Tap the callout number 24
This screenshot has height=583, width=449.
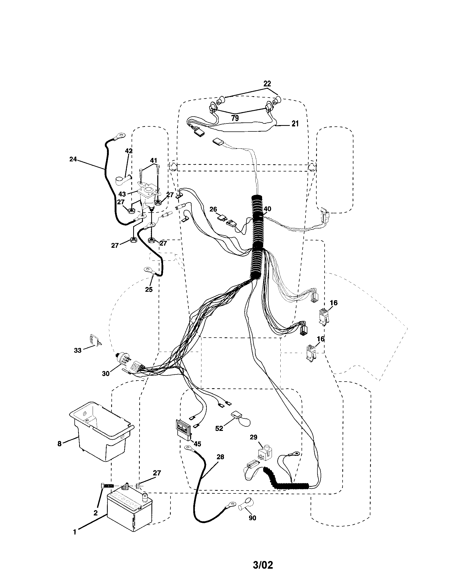coord(73,159)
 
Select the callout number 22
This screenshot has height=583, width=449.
coord(267,84)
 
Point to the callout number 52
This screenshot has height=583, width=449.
coord(219,429)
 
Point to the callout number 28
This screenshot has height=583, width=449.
coord(220,457)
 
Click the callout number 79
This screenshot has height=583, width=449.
coord(235,118)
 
